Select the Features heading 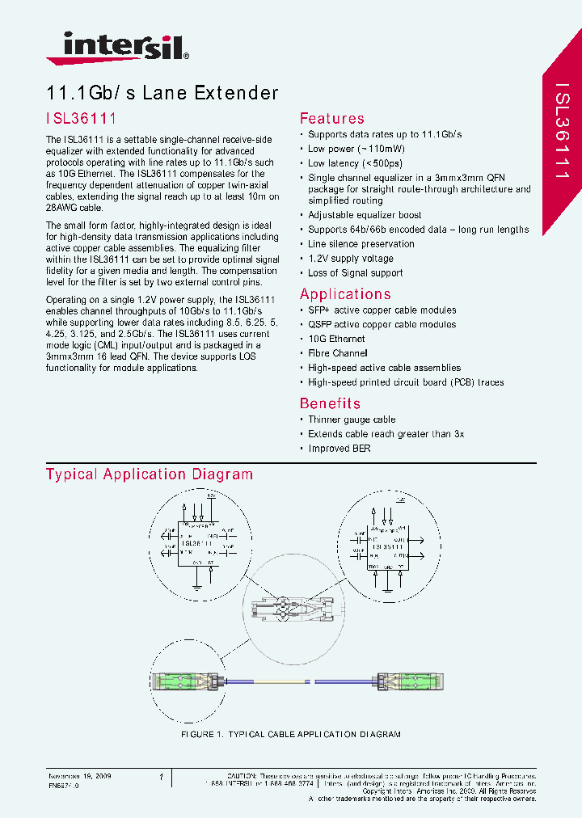coord(331,119)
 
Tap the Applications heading coord(345,294)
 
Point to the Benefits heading coord(330,403)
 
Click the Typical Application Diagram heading coord(150,474)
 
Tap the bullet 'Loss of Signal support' coord(355,273)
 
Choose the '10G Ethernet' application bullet coord(336,339)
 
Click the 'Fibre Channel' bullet coord(337,353)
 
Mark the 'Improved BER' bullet coord(339,449)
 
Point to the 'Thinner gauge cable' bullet coord(352,420)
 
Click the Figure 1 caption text coord(290,734)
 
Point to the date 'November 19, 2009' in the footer coord(79,776)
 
